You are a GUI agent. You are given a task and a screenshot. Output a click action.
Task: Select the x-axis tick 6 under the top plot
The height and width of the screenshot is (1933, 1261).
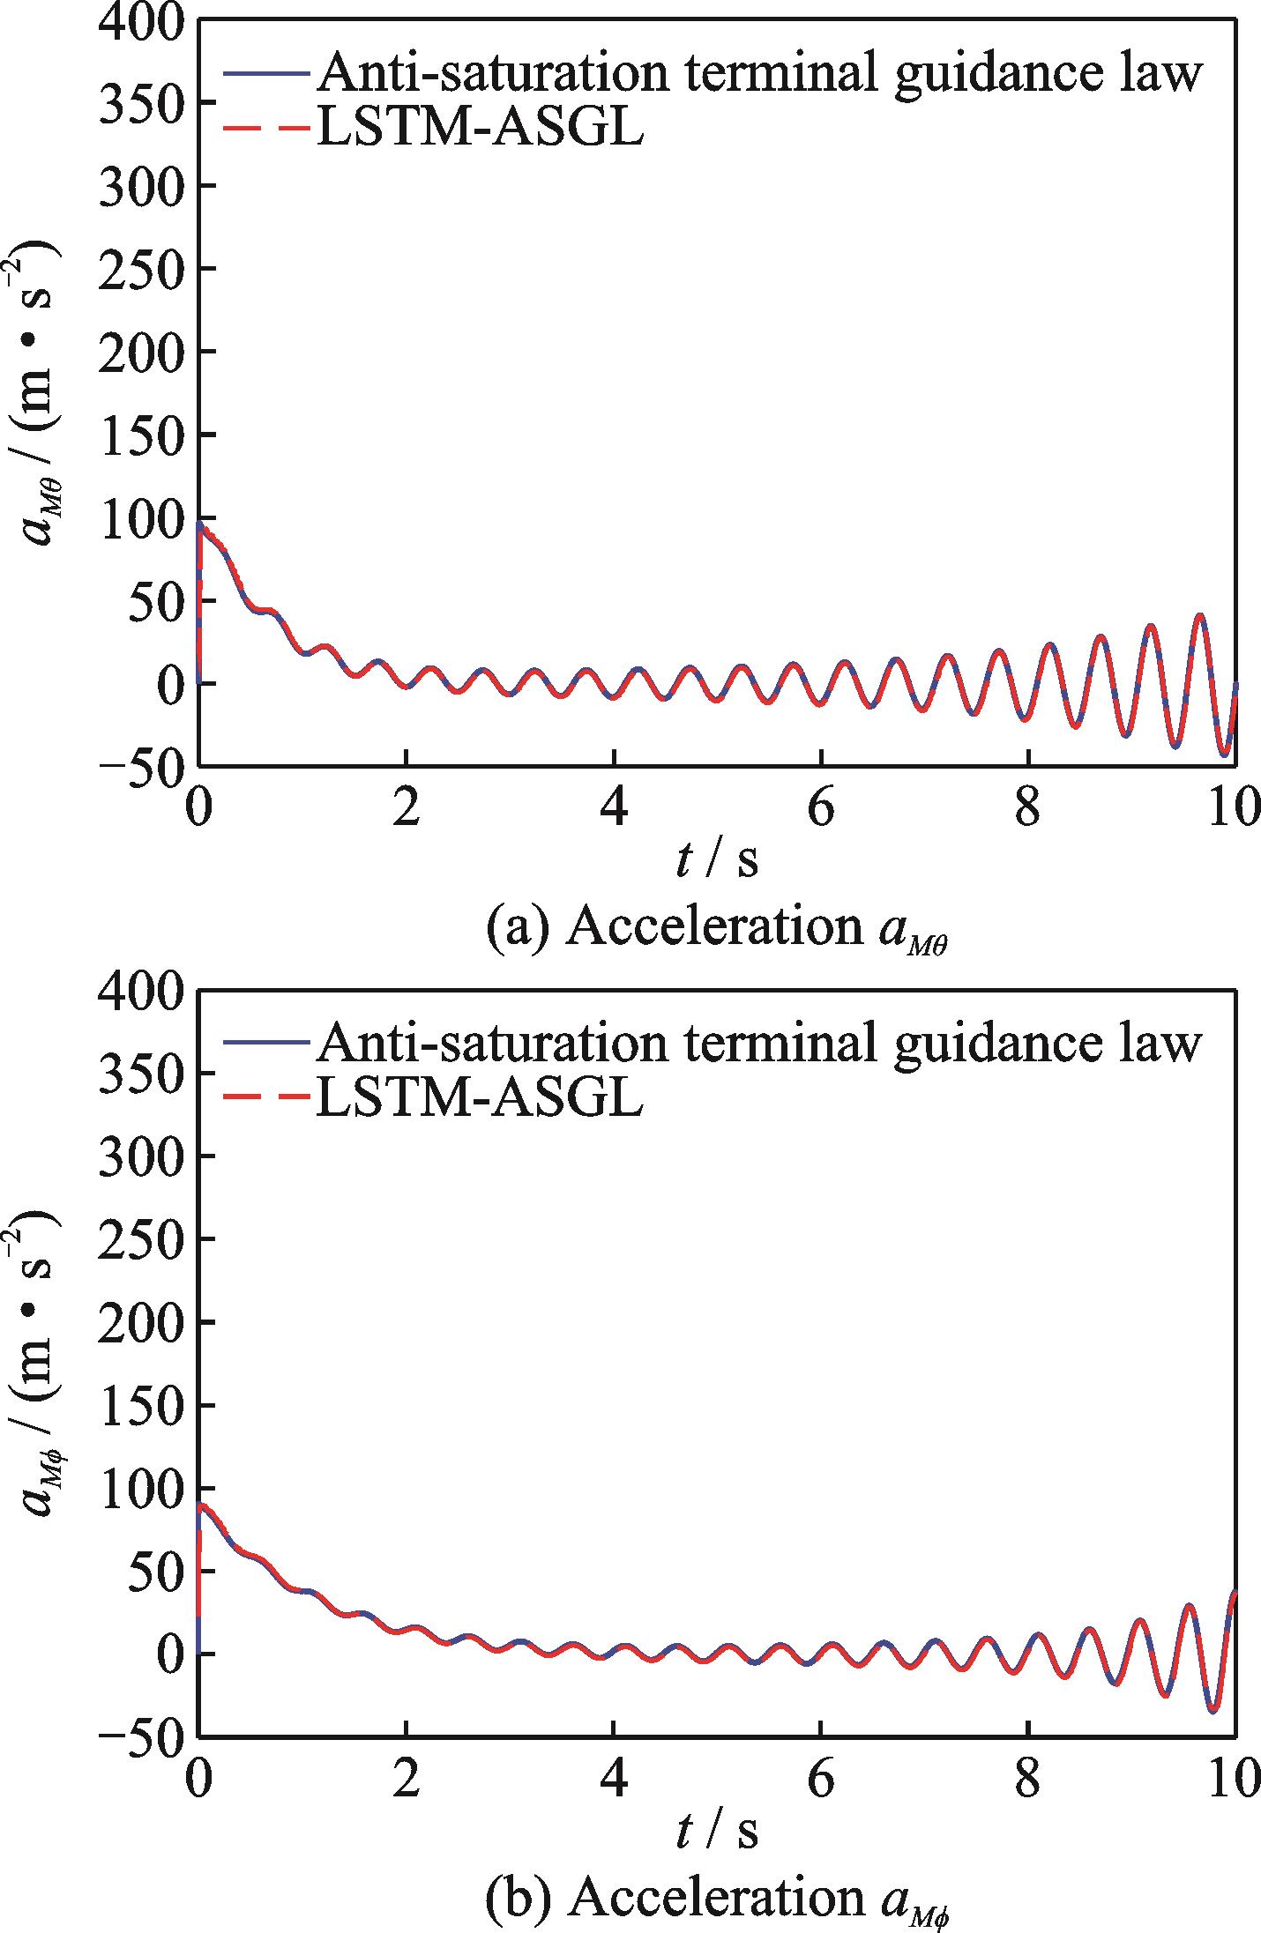click(x=821, y=809)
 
